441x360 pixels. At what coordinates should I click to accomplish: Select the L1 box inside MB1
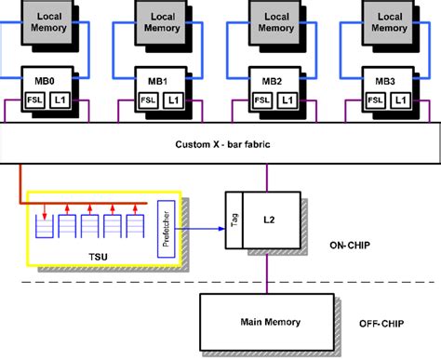174,100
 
